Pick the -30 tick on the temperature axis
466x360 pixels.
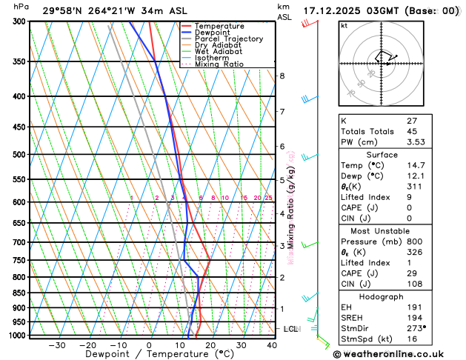pos(57,345)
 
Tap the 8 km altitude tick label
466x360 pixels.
pos(282,76)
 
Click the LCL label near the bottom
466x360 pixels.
pos(291,329)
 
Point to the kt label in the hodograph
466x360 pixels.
pos(344,25)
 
